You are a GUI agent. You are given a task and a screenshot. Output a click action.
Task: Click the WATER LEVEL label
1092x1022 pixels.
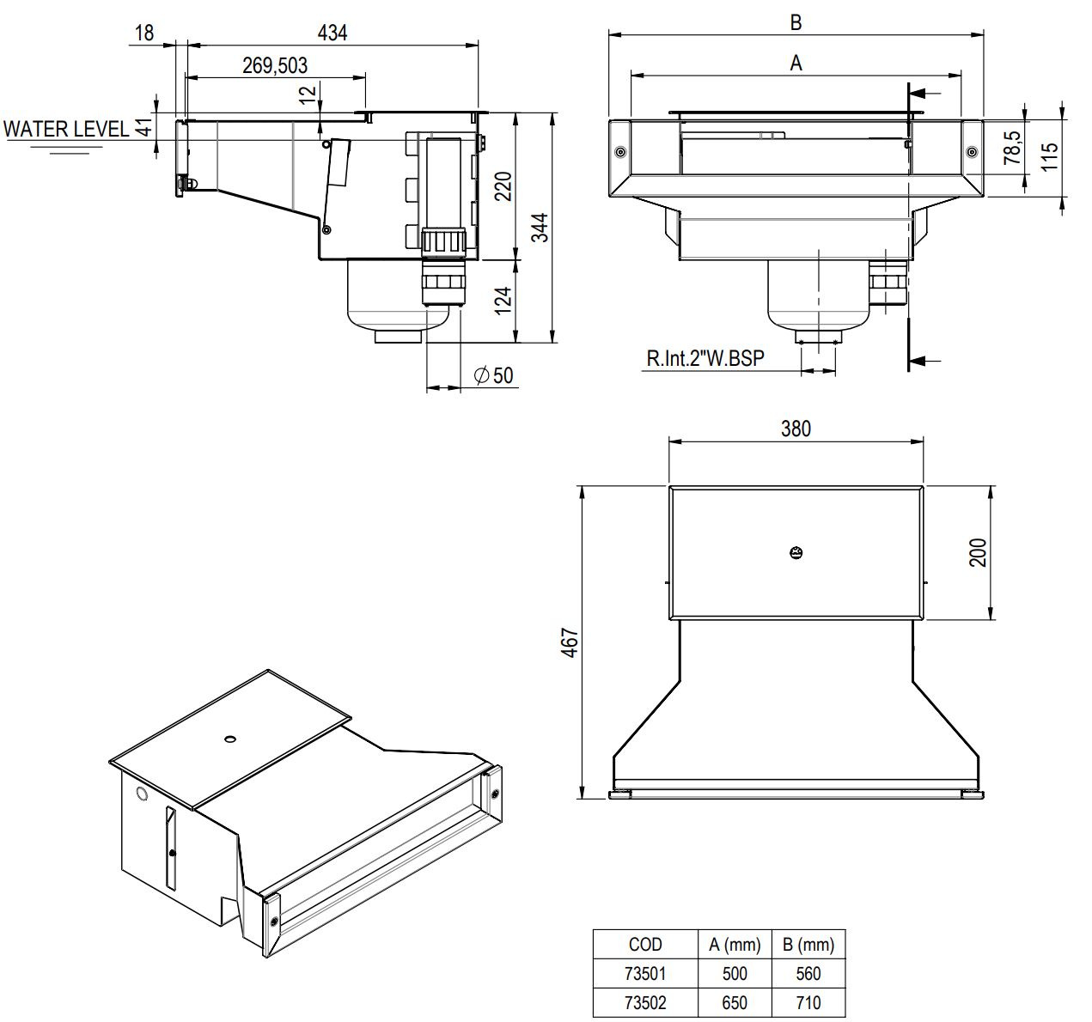pyautogui.click(x=67, y=129)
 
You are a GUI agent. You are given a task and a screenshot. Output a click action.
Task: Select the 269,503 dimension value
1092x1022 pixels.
pyautogui.click(x=275, y=65)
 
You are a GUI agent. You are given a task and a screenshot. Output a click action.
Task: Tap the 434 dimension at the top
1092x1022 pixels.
pyautogui.click(x=332, y=33)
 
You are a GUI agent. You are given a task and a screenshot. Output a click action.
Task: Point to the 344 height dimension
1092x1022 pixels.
pyautogui.click(x=538, y=228)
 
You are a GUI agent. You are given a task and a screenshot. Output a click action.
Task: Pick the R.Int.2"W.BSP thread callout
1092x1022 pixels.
pyautogui.click(x=705, y=358)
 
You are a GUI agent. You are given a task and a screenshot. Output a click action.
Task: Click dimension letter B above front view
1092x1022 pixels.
pyautogui.click(x=796, y=22)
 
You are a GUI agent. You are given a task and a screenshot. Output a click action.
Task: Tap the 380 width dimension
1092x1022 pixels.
pyautogui.click(x=796, y=428)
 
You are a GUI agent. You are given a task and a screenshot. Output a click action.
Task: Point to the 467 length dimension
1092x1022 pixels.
pyautogui.click(x=569, y=642)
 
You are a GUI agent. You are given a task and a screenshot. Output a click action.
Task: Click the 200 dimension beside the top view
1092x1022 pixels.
pyautogui.click(x=978, y=552)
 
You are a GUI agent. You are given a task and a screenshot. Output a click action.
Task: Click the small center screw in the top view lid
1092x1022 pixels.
pyautogui.click(x=796, y=552)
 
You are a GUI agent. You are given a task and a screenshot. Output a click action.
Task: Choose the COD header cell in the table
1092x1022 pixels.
pyautogui.click(x=645, y=945)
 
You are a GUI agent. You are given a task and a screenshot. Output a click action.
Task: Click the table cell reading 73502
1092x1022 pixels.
pyautogui.click(x=645, y=1002)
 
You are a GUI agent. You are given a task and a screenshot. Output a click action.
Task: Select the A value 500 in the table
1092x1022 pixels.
pyautogui.click(x=735, y=974)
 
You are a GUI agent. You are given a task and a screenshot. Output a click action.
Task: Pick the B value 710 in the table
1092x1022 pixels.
pyautogui.click(x=808, y=1002)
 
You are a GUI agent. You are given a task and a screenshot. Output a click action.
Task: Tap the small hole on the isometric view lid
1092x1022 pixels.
pyautogui.click(x=229, y=738)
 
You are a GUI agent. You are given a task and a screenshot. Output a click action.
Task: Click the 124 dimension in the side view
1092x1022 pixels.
pyautogui.click(x=504, y=299)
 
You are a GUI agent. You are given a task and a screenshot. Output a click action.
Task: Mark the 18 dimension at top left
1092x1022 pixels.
pyautogui.click(x=144, y=33)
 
